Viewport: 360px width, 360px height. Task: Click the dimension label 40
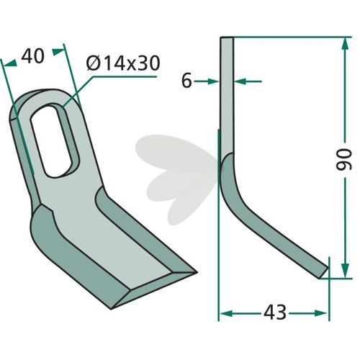click(x=33, y=56)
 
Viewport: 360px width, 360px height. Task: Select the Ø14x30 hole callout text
click(x=123, y=63)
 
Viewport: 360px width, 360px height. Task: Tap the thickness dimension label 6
click(x=186, y=81)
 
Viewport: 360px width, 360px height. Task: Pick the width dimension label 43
click(x=275, y=312)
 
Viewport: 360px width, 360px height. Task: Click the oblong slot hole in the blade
click(x=55, y=141)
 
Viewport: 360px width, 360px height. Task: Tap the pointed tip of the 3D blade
click(x=197, y=272)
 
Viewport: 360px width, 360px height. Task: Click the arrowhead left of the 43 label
click(x=227, y=313)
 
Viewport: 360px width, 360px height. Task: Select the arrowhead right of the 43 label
click(x=320, y=313)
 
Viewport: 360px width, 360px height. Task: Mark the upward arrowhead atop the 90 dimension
click(x=345, y=44)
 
